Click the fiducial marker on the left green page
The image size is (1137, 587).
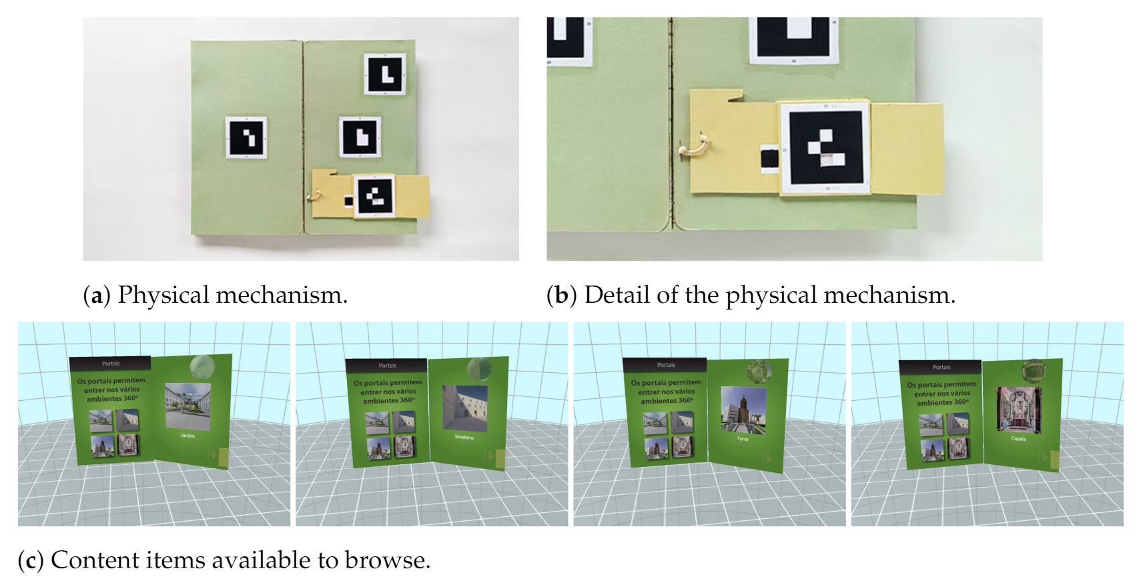[246, 138]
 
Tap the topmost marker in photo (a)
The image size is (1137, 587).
[385, 74]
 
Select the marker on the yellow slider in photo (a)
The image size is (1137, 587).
[374, 196]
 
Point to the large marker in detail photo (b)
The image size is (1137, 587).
[825, 147]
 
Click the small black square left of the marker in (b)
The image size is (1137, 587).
[769, 159]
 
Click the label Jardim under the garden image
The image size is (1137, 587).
[187, 436]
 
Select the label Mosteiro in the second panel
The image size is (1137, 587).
[464, 437]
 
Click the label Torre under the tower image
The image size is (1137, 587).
[743, 439]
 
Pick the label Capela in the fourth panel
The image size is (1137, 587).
[1018, 439]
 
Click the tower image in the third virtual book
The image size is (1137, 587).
[743, 410]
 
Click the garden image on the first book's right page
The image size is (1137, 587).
[188, 406]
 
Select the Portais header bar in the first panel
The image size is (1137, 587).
[111, 364]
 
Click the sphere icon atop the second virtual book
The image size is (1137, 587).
[478, 369]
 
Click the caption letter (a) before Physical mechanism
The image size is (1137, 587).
[97, 296]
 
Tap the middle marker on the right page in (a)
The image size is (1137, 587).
[360, 137]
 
